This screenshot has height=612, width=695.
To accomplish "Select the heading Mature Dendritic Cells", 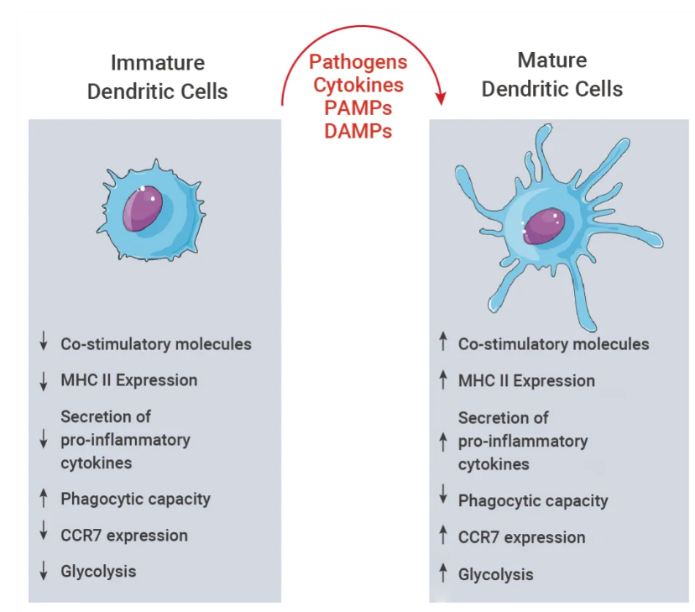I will [551, 75].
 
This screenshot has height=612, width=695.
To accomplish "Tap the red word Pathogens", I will [358, 63].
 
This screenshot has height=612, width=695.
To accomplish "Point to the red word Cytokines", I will [358, 86].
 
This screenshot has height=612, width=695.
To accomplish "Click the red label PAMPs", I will [358, 108].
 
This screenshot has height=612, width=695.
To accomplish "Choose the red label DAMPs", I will [358, 131].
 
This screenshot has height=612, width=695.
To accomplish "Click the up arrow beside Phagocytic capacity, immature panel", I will [44, 499].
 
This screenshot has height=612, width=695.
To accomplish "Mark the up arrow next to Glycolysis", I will [443, 574].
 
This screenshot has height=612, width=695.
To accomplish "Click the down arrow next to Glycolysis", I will [44, 572].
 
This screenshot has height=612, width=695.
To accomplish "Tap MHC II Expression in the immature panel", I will [128, 379].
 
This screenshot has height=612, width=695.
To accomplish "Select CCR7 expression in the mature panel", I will [521, 537].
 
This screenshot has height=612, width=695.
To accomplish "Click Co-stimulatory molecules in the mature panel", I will [553, 344].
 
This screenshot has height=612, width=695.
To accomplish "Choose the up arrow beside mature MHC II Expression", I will [443, 380].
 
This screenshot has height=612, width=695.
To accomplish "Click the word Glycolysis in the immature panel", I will [98, 572].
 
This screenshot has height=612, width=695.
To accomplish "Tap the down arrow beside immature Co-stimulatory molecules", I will [44, 343].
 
